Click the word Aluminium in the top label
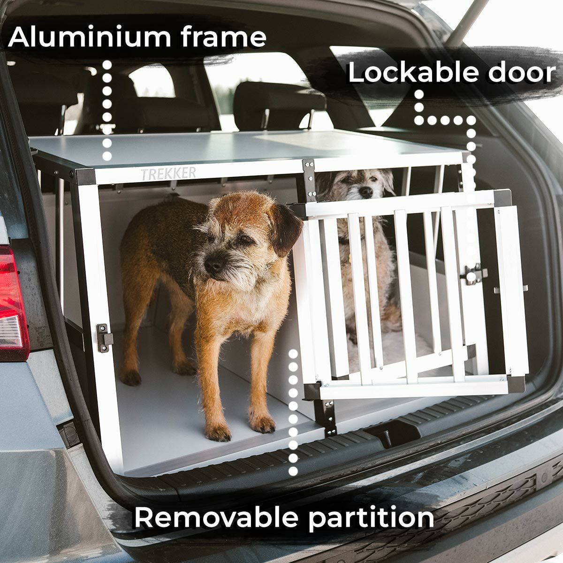coord(90,37)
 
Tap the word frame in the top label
coord(223,37)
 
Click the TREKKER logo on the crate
coord(168,174)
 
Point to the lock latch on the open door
coord(473,274)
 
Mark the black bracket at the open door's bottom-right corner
coord(517,384)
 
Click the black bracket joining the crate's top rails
coord(309,178)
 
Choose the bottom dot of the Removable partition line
coord(293,471)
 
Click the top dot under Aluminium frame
coord(107,65)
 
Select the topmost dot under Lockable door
coord(419,95)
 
